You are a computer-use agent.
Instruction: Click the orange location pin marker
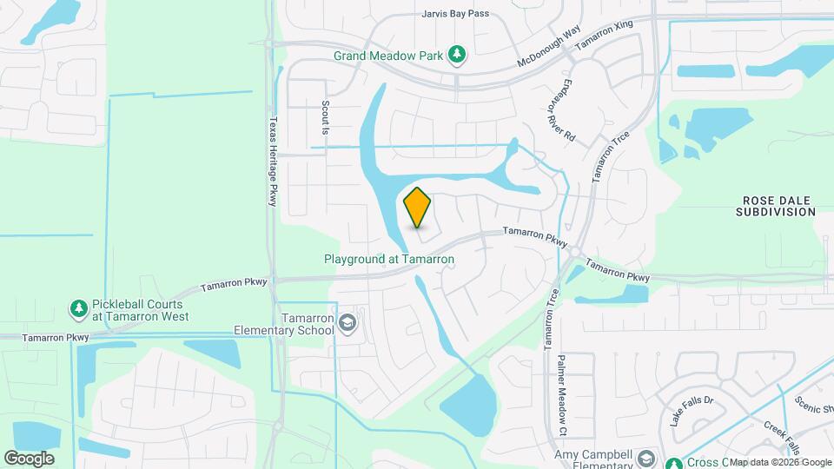point(418,207)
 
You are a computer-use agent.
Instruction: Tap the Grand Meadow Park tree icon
point(457,56)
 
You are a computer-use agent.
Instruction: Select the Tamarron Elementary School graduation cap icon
point(348,324)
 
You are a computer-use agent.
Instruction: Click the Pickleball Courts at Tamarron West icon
point(79,309)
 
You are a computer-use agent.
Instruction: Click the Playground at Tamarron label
point(389,259)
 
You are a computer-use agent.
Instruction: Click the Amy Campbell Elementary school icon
point(646,457)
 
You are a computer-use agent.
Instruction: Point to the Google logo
point(29,458)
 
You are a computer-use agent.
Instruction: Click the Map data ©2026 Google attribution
point(780,462)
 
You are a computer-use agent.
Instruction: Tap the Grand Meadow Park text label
point(389,56)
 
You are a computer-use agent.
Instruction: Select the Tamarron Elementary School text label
point(283,324)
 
